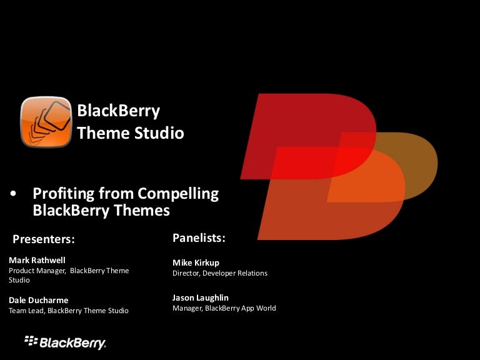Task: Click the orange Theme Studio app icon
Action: coord(46,122)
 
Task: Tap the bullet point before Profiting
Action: coord(13,194)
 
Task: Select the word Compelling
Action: coord(178,194)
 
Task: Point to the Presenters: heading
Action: coord(44,239)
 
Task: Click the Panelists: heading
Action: coord(199,238)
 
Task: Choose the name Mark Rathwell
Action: coord(37,260)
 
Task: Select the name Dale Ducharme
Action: coord(39,300)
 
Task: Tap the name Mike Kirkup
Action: coord(196,262)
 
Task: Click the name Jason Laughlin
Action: coord(201,298)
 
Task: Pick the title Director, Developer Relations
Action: coord(220,273)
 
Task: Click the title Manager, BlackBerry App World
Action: coord(224,308)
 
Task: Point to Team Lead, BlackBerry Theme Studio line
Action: coord(69,311)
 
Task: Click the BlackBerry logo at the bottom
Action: coord(65,342)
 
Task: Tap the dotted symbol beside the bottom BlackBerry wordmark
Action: coord(31,341)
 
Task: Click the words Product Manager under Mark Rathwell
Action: coord(37,271)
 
